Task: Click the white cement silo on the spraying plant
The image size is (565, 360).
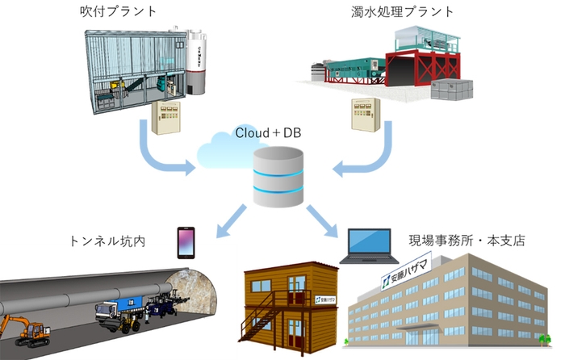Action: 199,61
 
